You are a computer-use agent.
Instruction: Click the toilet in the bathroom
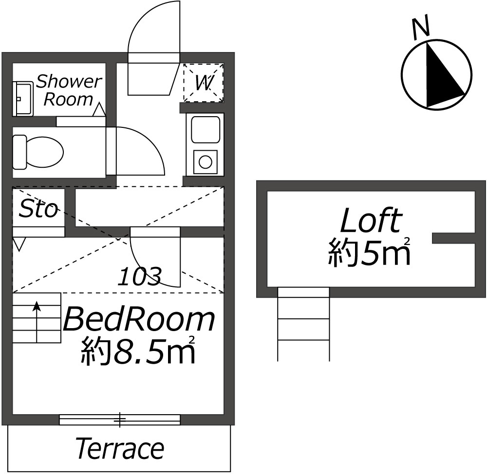point(38,152)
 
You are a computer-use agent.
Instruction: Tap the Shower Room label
point(69,90)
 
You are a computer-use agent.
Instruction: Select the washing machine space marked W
point(204,83)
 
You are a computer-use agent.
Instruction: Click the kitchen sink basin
point(206,130)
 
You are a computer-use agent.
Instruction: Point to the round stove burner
point(206,162)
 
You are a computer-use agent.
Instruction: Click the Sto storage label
point(38,209)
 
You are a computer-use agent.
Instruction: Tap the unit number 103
point(139,276)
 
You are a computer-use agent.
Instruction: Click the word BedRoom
point(139,319)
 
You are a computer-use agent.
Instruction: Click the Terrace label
point(120,448)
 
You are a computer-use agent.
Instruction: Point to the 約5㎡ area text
point(370,252)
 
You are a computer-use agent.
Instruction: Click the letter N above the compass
point(421,28)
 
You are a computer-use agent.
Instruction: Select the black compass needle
point(441,76)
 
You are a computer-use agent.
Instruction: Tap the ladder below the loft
point(303,324)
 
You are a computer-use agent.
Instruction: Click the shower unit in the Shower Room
point(23,99)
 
